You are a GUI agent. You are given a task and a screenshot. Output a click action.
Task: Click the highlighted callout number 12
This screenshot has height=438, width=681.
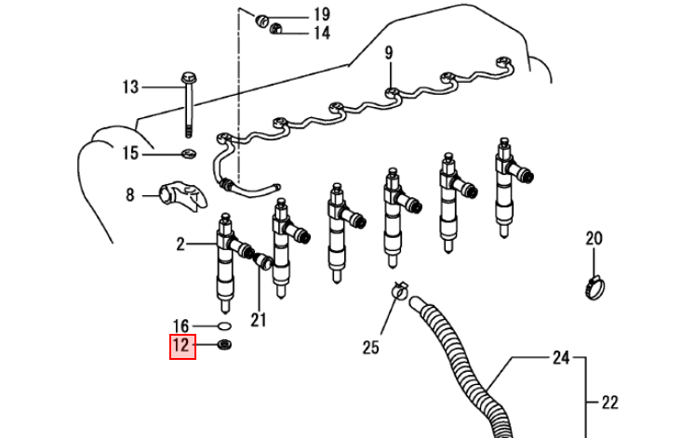click(182, 347)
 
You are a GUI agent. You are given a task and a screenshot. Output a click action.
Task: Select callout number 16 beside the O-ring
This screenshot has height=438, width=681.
click(181, 326)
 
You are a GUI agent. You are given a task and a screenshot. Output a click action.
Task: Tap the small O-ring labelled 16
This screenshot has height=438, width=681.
click(224, 325)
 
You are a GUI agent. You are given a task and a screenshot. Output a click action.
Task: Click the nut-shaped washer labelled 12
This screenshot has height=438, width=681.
click(224, 345)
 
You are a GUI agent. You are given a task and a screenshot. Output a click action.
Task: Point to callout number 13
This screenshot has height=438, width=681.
click(130, 87)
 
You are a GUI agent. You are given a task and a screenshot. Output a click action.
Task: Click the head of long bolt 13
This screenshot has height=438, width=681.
click(189, 78)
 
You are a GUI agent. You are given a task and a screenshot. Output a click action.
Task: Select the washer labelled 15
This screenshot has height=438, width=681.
click(189, 153)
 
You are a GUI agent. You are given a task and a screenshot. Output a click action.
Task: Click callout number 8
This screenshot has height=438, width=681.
click(130, 195)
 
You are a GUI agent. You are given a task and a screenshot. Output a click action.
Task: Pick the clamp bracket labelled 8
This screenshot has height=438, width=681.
click(183, 196)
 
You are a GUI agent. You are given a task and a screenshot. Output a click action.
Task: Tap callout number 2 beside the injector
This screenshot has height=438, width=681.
click(180, 245)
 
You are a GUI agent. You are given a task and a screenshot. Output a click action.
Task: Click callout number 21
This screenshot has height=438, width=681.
click(259, 320)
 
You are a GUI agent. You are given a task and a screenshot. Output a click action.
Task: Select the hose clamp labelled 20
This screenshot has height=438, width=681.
click(595, 287)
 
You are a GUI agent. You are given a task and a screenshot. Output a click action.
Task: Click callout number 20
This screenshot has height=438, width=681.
click(594, 238)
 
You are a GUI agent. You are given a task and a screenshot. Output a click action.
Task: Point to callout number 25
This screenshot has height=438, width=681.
click(370, 347)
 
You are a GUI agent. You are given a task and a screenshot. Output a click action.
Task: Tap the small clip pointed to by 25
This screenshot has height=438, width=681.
click(400, 290)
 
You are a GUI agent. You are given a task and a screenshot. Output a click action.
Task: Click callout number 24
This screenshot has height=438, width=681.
click(561, 358)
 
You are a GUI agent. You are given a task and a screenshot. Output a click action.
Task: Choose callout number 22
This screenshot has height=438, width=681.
click(609, 403)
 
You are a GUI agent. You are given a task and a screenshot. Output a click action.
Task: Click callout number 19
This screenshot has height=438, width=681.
click(322, 15)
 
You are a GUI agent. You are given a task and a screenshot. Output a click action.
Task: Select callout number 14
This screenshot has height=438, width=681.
click(322, 33)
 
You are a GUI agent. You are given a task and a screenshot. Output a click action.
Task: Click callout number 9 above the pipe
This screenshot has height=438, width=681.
click(389, 53)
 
